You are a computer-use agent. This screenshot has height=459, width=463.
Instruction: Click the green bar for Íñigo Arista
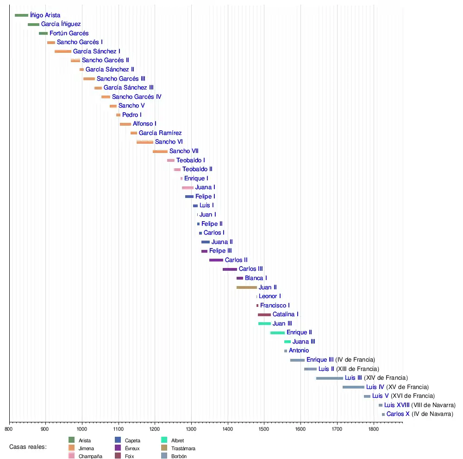tap(21, 15)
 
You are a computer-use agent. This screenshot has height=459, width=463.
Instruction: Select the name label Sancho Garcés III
tap(121, 79)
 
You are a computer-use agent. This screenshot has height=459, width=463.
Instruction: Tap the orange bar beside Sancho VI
tap(145, 142)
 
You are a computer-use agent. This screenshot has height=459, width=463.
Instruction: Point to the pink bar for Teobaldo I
tap(171, 160)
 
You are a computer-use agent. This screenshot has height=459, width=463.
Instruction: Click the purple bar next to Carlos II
tap(216, 260)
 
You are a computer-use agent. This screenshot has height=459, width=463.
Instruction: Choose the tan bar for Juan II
tap(247, 287)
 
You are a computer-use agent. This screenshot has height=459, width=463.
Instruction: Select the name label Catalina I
tap(285, 314)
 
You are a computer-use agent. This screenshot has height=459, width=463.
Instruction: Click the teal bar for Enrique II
tap(277, 332)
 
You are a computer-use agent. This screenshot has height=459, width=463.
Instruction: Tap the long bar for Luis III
tap(330, 378)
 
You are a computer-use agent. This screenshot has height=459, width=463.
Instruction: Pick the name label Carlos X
tap(398, 414)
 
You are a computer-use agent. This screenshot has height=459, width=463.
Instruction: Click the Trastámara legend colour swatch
tap(164, 448)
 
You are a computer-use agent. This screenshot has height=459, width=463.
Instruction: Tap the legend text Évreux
tap(132, 448)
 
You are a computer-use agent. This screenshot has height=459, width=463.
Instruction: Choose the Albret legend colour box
tap(164, 440)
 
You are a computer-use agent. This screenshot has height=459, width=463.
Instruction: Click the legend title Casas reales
tap(28, 447)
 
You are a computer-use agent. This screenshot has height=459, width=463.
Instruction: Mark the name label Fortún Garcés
tap(69, 33)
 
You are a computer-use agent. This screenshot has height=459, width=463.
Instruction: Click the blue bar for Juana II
tap(206, 242)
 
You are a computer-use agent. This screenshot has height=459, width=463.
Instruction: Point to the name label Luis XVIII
tap(397, 405)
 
